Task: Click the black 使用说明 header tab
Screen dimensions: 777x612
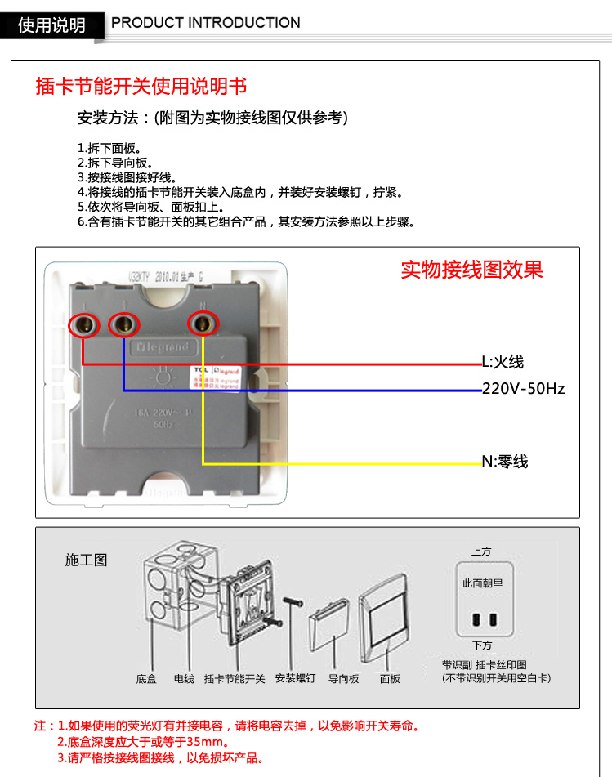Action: pos(52,25)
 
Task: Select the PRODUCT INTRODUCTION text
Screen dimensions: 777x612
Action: pos(206,23)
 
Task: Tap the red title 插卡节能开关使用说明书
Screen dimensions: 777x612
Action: pos(141,87)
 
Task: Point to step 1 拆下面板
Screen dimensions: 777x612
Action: pos(109,149)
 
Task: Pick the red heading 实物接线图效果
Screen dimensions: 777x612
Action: pos(471,270)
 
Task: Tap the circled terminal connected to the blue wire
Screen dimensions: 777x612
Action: pos(124,325)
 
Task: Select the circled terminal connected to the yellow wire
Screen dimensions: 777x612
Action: pos(203,324)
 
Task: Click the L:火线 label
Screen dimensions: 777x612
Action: pos(502,362)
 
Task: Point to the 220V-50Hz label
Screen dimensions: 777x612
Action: pos(523,389)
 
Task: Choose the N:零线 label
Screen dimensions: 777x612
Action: pos(504,462)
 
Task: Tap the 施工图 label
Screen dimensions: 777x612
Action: pos(86,560)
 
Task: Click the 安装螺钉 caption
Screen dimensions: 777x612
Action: pos(295,679)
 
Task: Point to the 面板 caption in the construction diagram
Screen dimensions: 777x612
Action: pos(390,679)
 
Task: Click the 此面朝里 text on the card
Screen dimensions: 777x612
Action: pos(482,583)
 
